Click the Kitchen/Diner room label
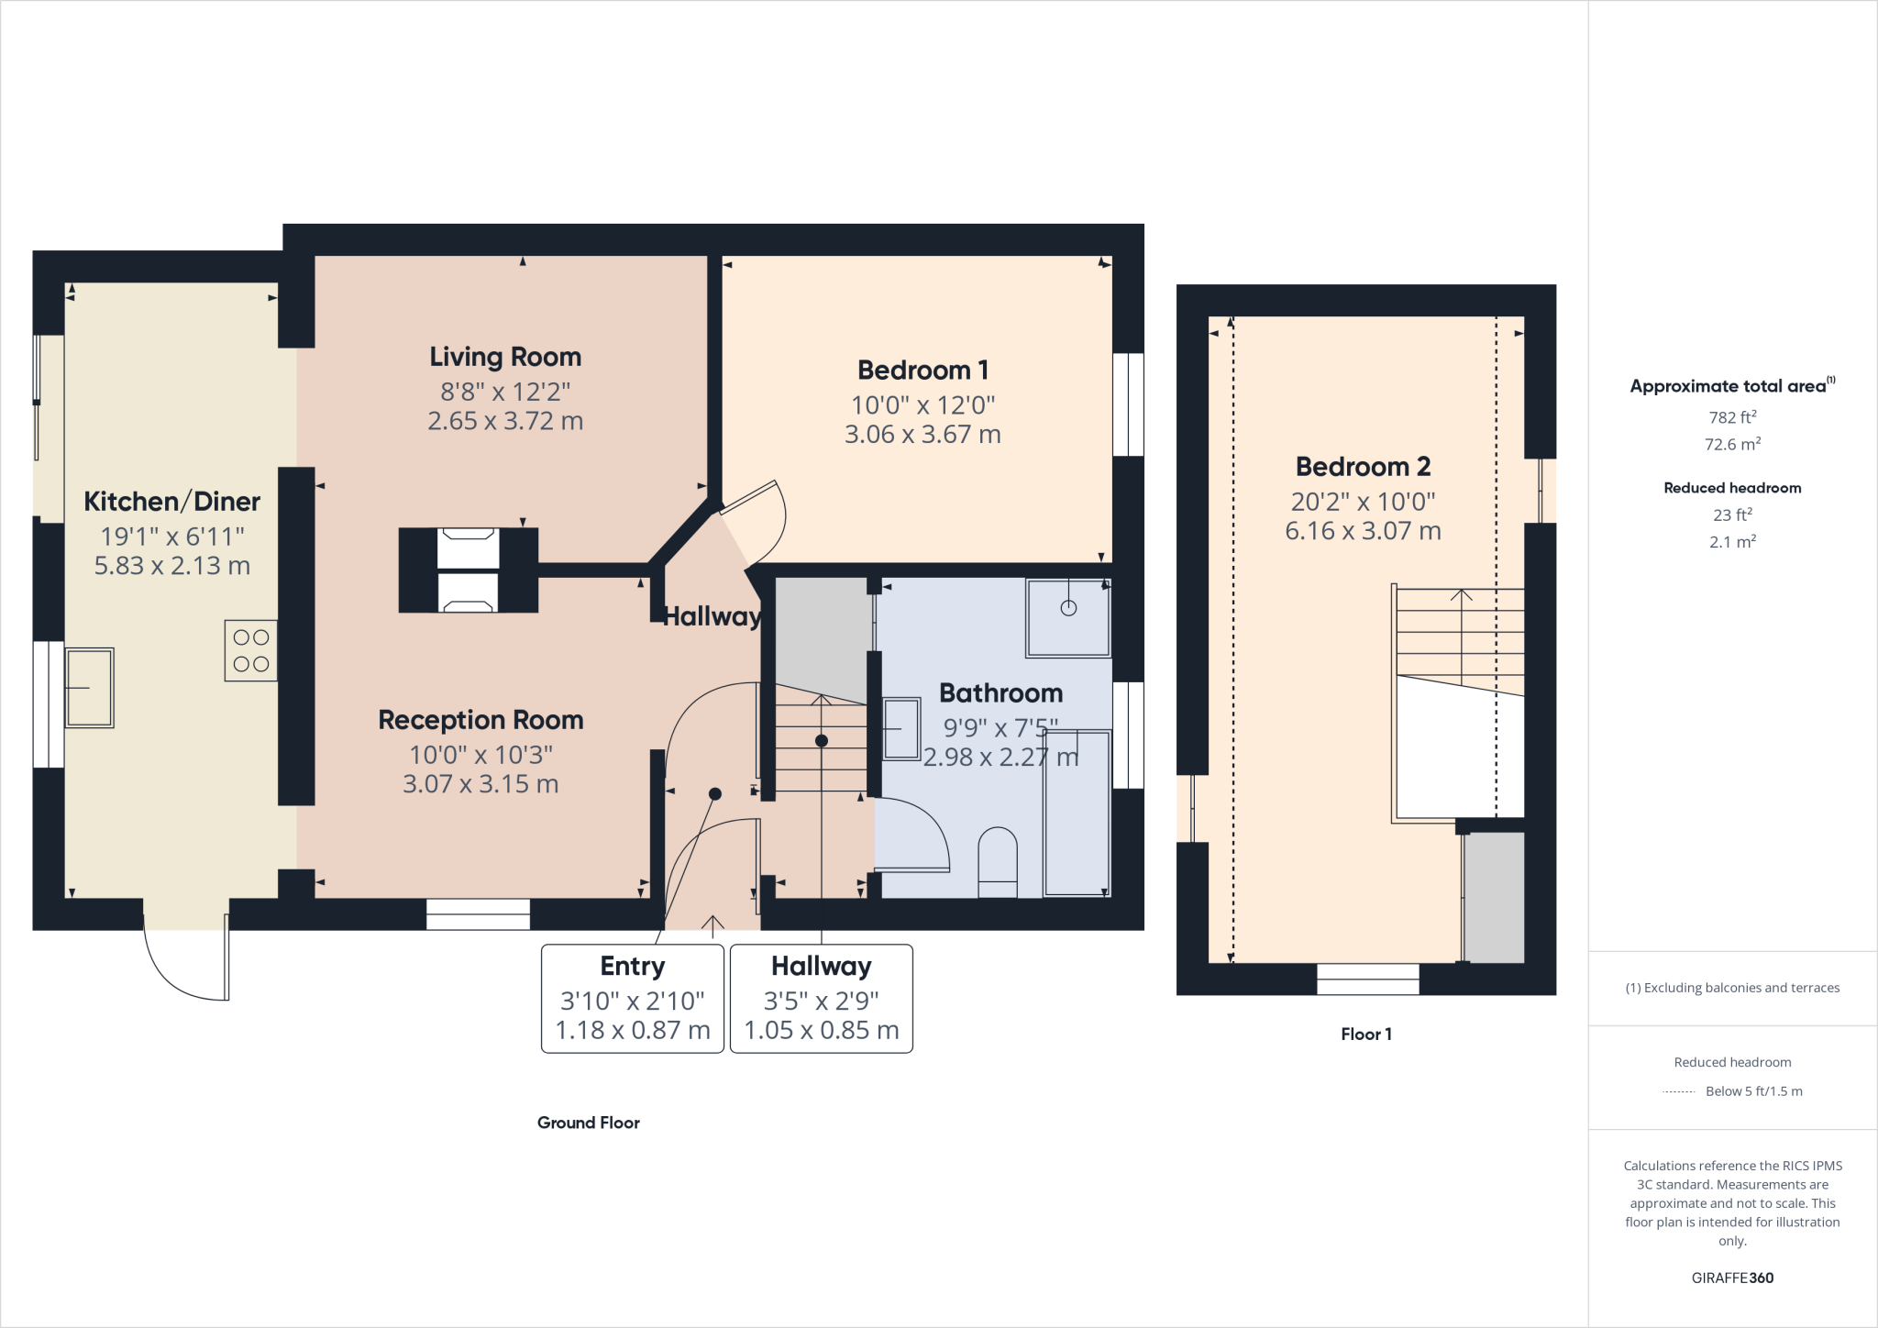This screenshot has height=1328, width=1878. [x=171, y=502]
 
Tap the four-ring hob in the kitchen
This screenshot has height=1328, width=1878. [x=250, y=650]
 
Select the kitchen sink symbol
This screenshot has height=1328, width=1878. [x=89, y=688]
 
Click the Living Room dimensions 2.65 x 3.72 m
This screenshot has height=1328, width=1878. [x=505, y=421]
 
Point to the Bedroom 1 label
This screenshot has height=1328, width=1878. [x=922, y=371]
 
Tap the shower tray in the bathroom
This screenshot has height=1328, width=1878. [x=1068, y=617]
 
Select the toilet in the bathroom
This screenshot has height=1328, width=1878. [x=998, y=862]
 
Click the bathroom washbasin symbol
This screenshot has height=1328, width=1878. [x=901, y=729]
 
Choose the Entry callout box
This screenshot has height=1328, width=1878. [x=633, y=999]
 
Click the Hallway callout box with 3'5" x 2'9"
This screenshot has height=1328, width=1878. [x=822, y=999]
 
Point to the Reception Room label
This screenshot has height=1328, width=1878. [x=481, y=720]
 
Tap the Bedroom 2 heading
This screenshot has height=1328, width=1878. [x=1363, y=467]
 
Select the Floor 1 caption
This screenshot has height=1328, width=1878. [x=1366, y=1035]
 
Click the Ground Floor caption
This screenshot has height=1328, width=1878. [x=589, y=1123]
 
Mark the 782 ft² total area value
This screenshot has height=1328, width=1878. [x=1732, y=417]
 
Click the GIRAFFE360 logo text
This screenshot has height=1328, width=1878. [x=1732, y=1278]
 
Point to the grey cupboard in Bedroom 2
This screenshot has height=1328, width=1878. [x=1494, y=897]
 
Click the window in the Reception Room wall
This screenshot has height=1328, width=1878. [x=478, y=913]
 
